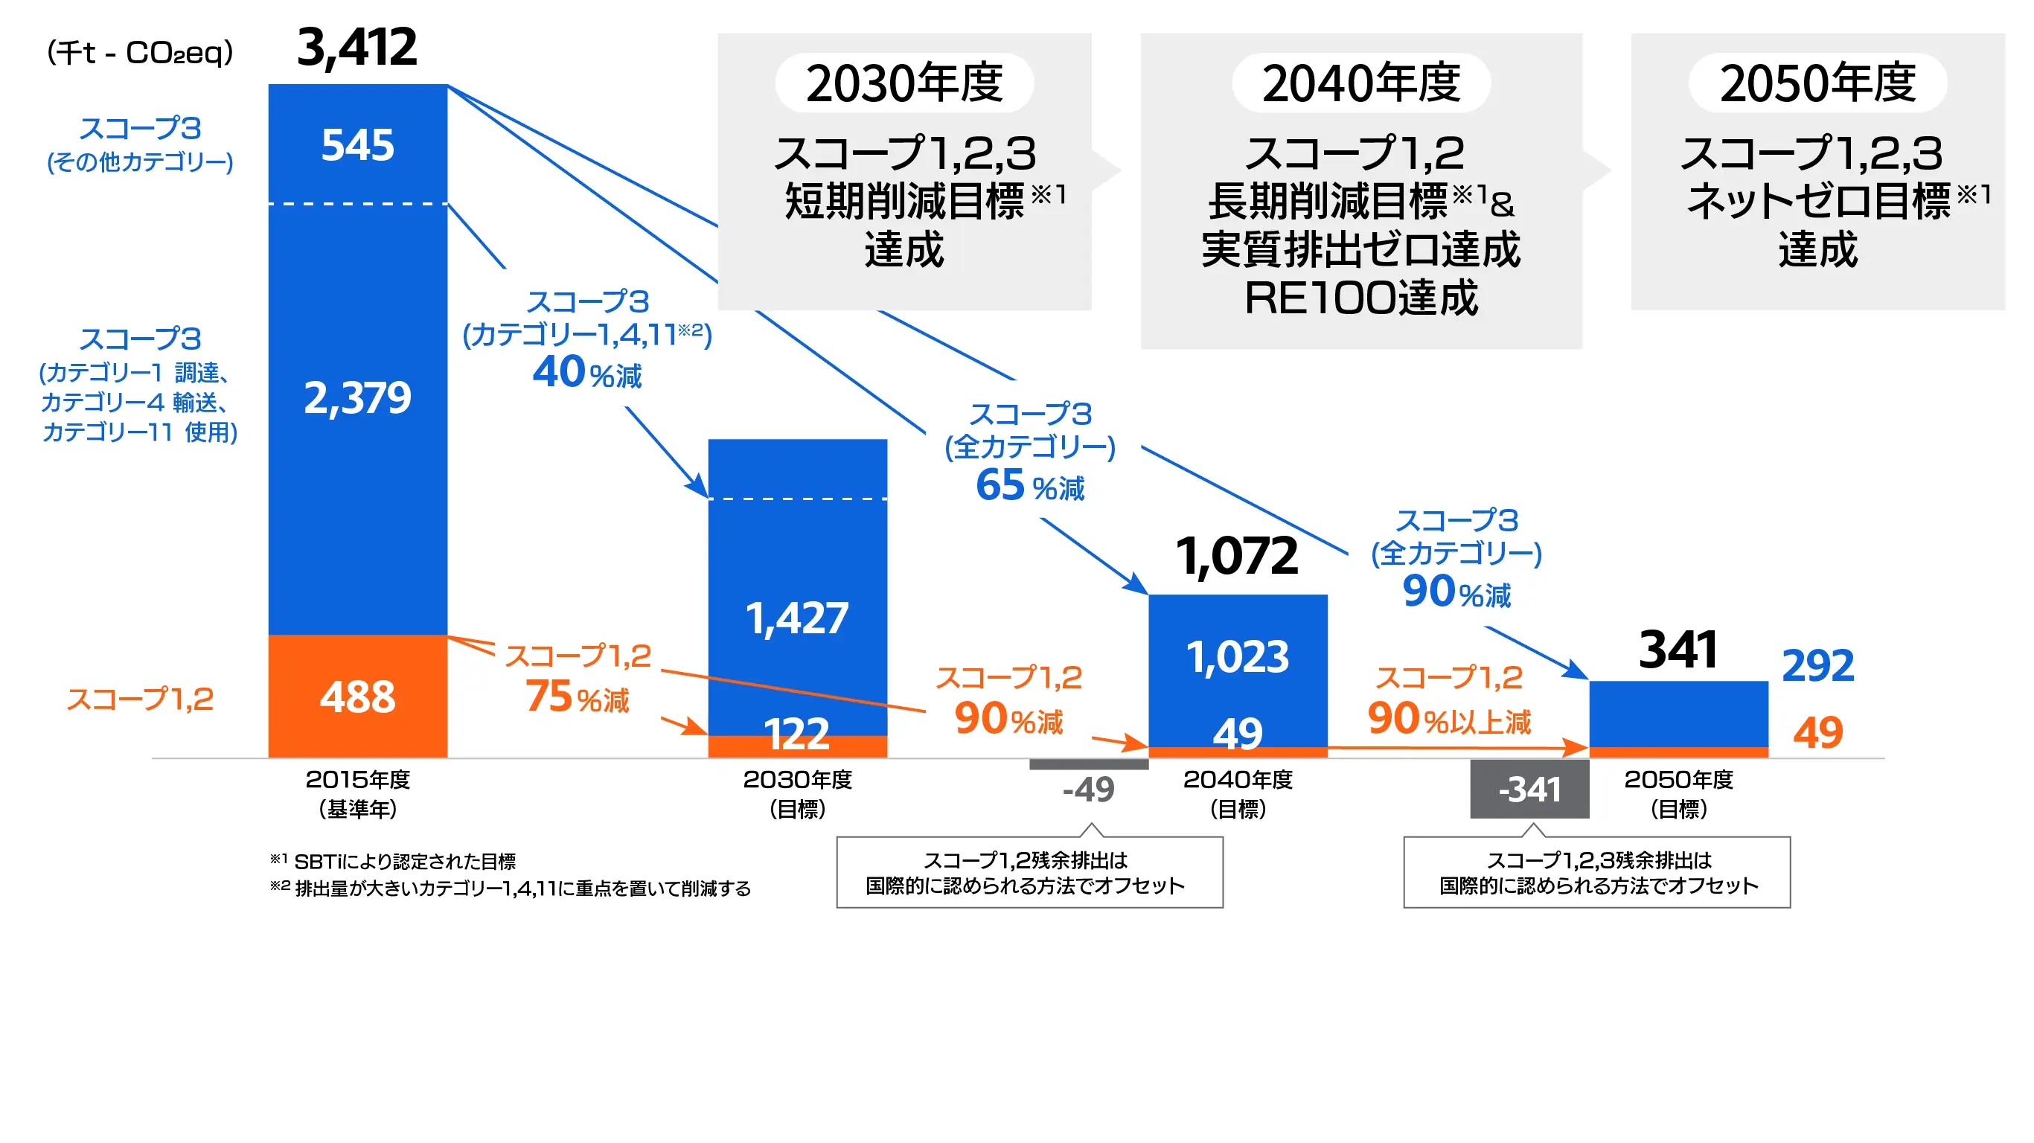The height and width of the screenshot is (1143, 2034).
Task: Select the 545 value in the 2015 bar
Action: (x=357, y=145)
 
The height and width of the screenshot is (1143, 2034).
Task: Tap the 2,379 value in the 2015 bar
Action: (x=357, y=397)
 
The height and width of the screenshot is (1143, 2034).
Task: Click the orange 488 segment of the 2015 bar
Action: (x=357, y=697)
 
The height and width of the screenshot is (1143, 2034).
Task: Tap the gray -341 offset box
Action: (x=1529, y=789)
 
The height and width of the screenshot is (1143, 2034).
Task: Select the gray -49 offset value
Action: (x=1088, y=789)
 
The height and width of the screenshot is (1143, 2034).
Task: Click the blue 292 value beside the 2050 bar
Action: (x=1817, y=665)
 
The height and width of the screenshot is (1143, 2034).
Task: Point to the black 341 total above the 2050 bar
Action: (x=1678, y=650)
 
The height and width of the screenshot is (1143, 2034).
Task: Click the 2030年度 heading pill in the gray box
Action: (x=904, y=83)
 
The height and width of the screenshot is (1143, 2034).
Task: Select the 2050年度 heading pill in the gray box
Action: (x=1817, y=83)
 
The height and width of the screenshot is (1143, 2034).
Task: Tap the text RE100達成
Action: (x=1360, y=298)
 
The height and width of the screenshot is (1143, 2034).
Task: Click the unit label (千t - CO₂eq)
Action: (x=140, y=53)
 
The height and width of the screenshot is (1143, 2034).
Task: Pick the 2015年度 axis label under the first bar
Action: (x=357, y=780)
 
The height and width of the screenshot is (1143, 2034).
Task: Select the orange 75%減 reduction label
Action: (x=578, y=697)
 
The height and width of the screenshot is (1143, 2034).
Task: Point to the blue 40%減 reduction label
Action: (x=586, y=373)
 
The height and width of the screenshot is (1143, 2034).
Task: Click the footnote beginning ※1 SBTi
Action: (x=393, y=860)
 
